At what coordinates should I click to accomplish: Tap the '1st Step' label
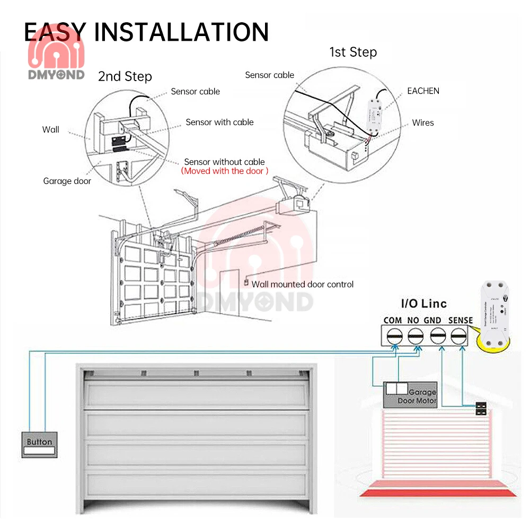(353, 52)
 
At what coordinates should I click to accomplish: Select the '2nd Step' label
(125, 76)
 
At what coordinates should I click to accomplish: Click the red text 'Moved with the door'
(225, 171)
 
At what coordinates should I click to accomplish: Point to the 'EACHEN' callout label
(423, 91)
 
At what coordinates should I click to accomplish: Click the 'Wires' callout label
(423, 122)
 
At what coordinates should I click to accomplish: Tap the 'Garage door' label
(67, 181)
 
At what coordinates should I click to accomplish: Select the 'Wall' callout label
(51, 129)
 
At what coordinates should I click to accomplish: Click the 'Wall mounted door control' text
(302, 284)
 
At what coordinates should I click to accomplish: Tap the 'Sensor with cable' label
(219, 122)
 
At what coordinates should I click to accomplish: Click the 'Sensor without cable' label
(224, 162)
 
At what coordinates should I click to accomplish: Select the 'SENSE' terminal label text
(460, 320)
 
